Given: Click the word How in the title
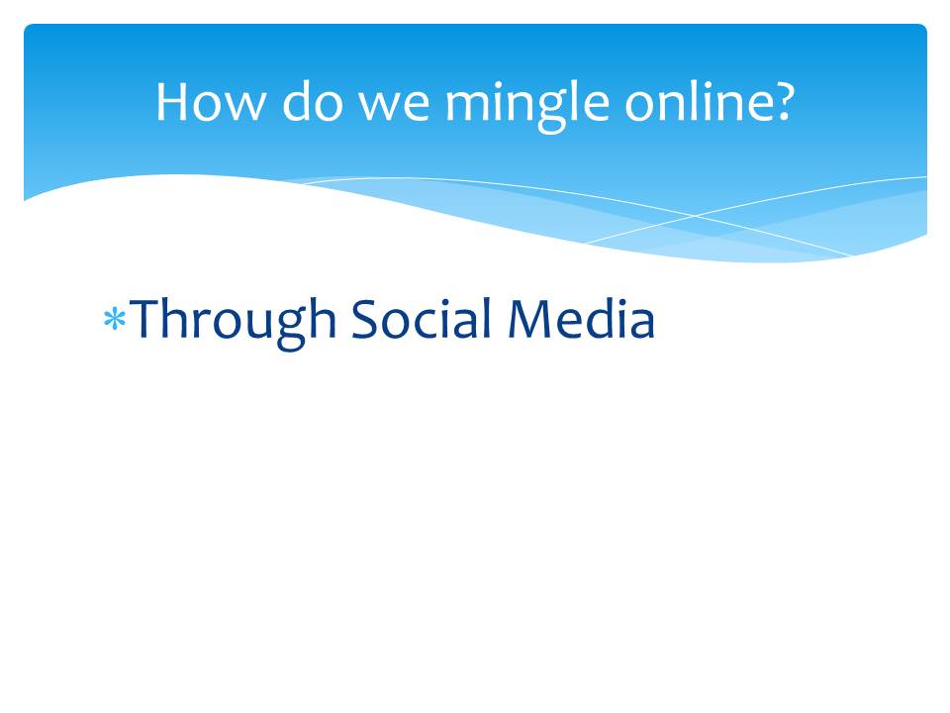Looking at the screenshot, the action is point(210,102).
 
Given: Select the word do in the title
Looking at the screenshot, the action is point(314,101).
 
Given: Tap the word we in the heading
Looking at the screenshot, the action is point(395,107).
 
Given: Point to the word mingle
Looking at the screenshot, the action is point(527,105).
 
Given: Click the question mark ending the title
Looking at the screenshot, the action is point(781,102).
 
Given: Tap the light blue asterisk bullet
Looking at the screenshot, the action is point(115,319).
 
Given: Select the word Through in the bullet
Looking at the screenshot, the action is point(234,323).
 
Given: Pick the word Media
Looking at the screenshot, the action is point(581,317).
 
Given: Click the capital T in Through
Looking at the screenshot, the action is point(147,318).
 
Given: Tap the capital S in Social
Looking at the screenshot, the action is point(365,318).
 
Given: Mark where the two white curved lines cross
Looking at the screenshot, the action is point(695,216).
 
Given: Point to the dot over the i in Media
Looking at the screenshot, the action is point(617,301).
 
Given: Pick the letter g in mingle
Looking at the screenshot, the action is point(551,113).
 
